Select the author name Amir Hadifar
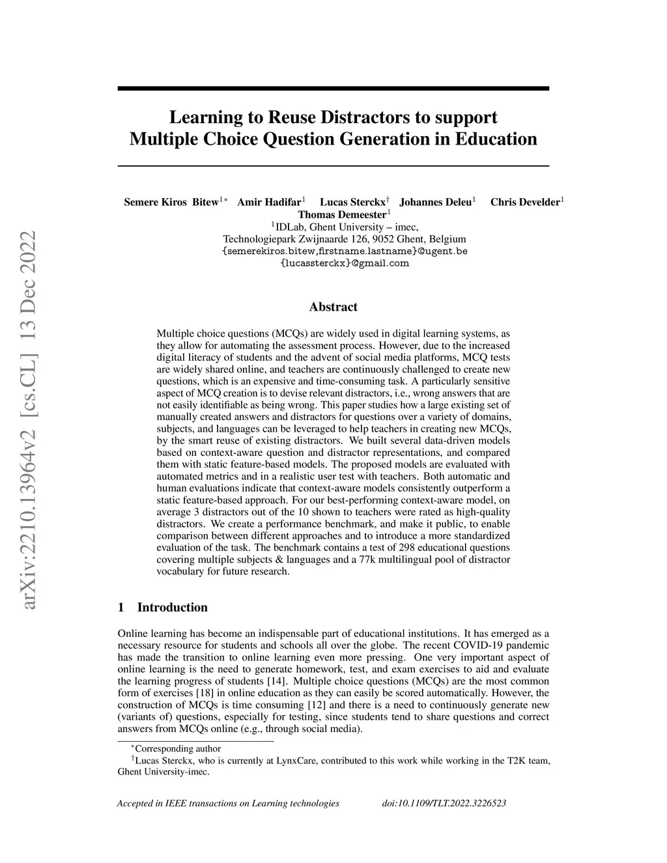click(268, 202)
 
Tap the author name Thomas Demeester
click(342, 214)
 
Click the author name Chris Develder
click(524, 202)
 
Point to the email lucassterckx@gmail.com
click(345, 263)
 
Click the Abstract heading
click(333, 307)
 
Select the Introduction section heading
click(172, 608)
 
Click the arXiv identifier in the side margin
click(29, 421)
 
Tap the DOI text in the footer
click(444, 803)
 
